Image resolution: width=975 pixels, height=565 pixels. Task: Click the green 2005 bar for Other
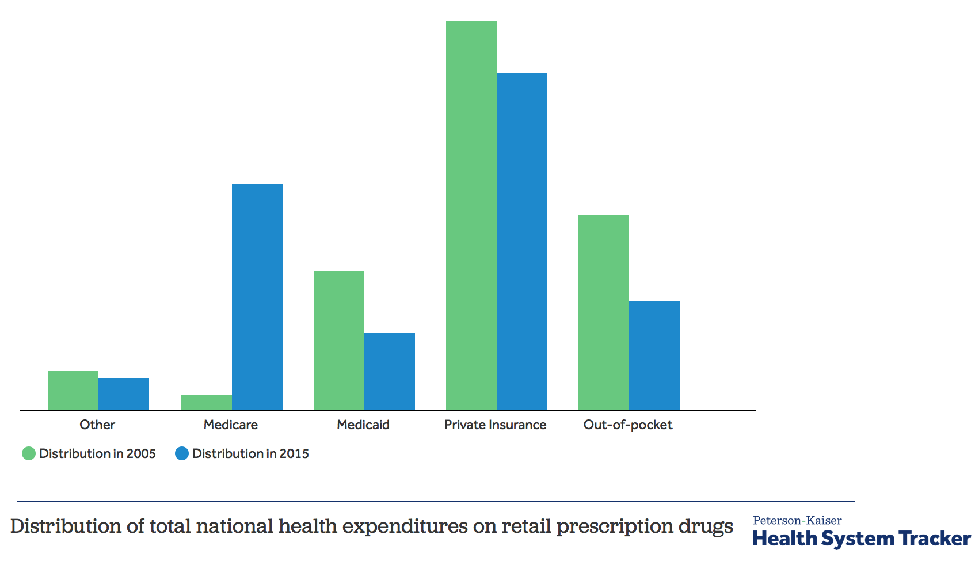click(73, 391)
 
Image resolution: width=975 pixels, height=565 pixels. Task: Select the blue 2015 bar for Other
click(124, 394)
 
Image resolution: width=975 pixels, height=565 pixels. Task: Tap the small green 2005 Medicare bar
click(207, 403)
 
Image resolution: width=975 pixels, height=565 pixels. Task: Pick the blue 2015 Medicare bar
click(257, 297)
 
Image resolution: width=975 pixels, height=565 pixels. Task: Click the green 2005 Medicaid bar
click(339, 341)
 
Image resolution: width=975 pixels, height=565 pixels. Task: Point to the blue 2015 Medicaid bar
click(390, 372)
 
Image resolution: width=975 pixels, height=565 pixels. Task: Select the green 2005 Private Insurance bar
click(471, 216)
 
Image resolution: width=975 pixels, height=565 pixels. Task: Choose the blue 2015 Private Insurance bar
click(522, 242)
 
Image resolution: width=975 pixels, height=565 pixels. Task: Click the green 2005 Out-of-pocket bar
click(604, 312)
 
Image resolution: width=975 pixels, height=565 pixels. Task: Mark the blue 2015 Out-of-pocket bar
click(654, 356)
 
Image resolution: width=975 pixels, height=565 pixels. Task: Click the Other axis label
click(97, 425)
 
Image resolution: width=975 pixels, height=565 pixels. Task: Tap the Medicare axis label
click(231, 425)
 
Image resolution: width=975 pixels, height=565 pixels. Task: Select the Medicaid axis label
click(363, 425)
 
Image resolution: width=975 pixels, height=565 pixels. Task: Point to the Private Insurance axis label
click(496, 425)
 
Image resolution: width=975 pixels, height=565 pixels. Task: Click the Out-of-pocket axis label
click(628, 425)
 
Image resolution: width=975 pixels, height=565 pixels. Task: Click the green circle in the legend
click(29, 453)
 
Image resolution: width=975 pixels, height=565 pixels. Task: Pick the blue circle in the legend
click(182, 453)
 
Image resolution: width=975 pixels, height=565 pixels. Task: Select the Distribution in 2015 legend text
click(250, 453)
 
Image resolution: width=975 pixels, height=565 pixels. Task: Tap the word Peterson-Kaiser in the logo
click(797, 520)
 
